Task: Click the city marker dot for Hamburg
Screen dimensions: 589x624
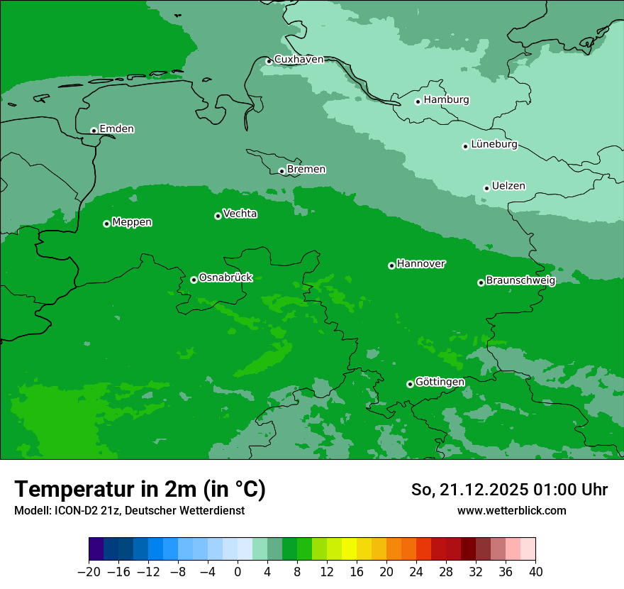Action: point(418,101)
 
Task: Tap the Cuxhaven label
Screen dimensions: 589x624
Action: point(299,60)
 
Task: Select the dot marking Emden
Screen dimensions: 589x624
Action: point(94,131)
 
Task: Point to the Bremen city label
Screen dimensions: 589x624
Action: point(306,170)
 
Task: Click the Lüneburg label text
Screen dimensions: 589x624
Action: point(494,145)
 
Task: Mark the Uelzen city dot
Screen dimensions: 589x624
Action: point(486,188)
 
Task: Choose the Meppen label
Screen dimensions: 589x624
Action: point(132,223)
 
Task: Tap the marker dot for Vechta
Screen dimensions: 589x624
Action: point(218,216)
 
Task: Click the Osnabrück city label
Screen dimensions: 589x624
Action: point(225,278)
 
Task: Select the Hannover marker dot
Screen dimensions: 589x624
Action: point(391,265)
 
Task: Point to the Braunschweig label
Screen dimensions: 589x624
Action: point(520,281)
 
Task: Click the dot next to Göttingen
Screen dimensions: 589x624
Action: point(410,384)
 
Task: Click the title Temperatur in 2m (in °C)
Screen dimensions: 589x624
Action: point(140,489)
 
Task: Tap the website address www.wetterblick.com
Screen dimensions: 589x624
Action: point(511,510)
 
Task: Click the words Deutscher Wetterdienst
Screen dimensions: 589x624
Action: point(185,511)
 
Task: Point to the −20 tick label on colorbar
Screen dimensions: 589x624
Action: point(89,572)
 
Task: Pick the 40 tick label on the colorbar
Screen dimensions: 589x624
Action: point(535,572)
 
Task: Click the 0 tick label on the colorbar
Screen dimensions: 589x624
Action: point(238,572)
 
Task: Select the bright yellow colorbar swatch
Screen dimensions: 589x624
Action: point(349,549)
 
